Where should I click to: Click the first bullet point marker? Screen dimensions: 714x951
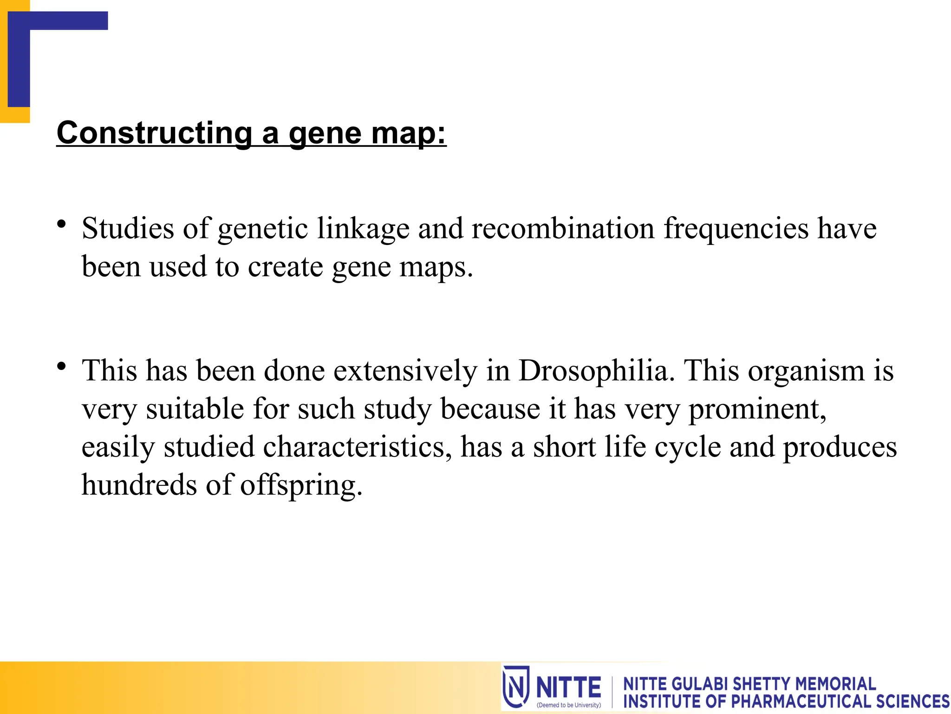pos(61,225)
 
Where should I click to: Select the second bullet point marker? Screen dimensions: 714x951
pos(61,367)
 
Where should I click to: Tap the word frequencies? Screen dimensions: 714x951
pos(736,229)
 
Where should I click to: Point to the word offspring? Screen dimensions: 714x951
pos(301,486)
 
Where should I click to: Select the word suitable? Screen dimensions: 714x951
pos(195,409)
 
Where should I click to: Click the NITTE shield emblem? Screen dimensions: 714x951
pos(516,687)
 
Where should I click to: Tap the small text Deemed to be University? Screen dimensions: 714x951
pos(568,705)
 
